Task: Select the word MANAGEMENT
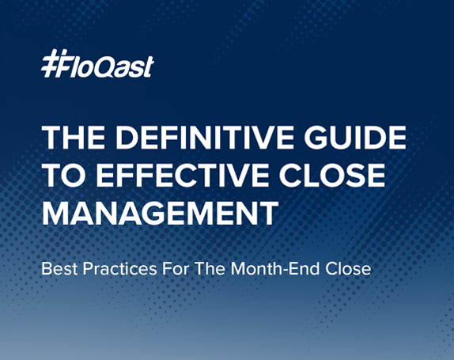click(x=161, y=213)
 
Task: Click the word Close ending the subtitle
click(x=350, y=269)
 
